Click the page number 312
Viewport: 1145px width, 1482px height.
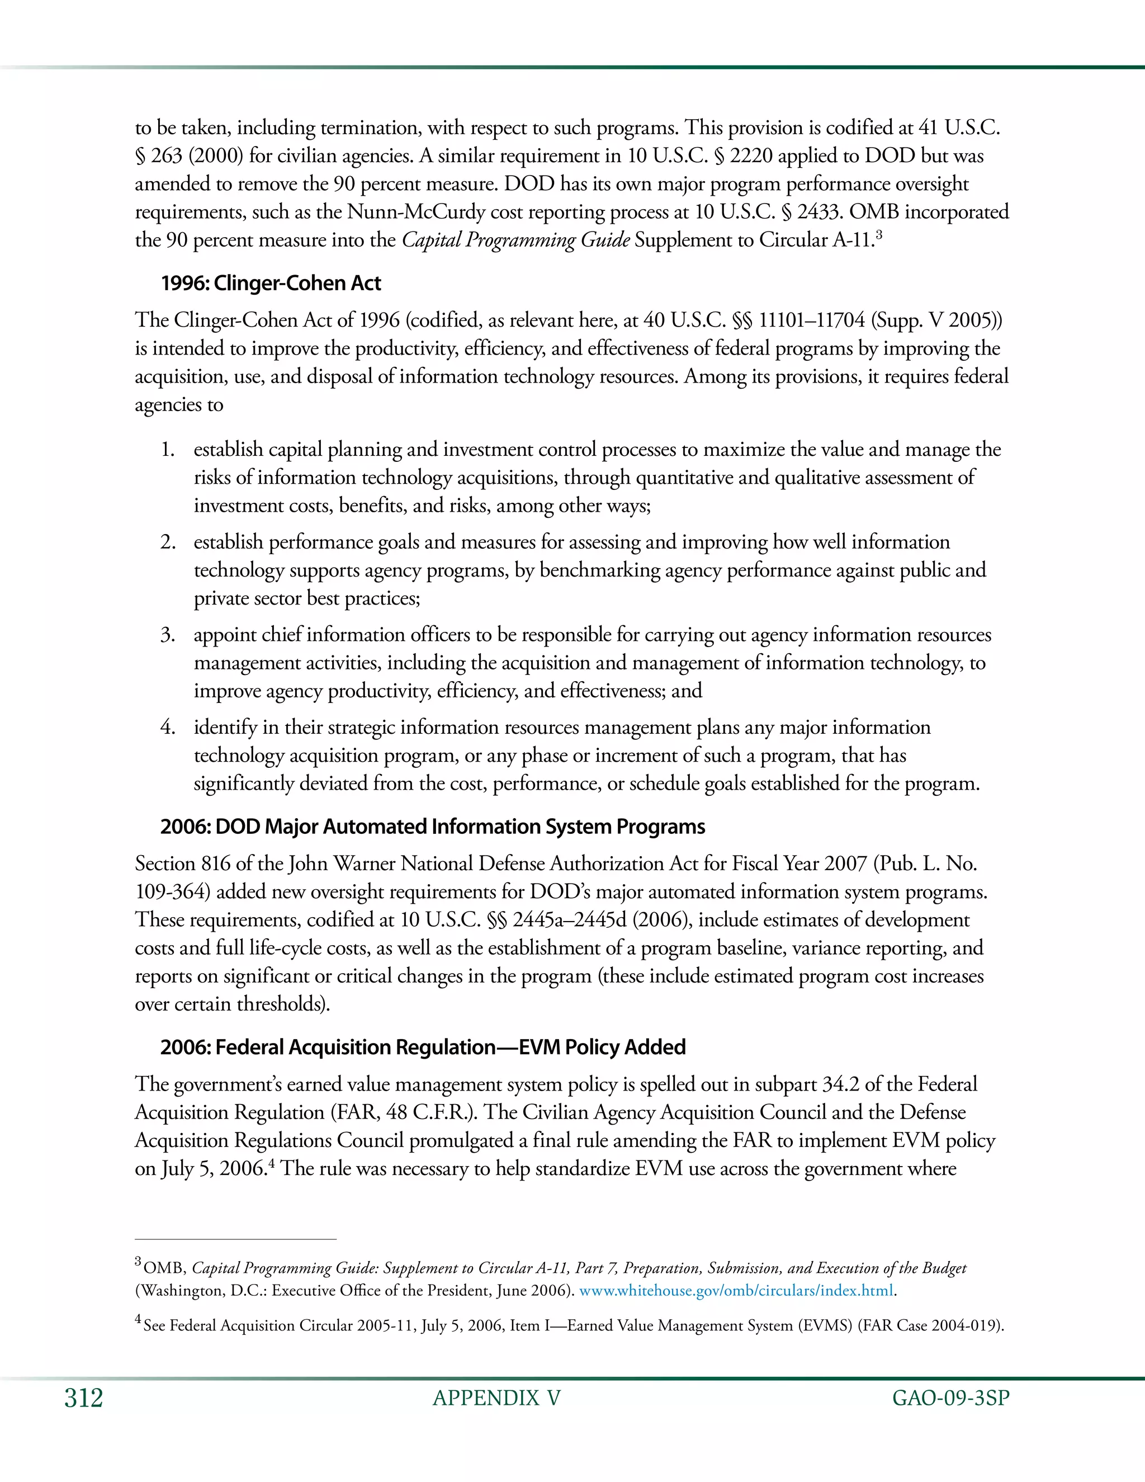pos(83,1398)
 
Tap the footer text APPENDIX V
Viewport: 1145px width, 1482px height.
pos(496,1398)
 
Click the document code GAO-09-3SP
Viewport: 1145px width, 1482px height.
pos(950,1398)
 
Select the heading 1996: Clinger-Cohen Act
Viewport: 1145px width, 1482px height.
pos(271,283)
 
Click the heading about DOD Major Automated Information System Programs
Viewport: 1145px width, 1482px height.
pos(433,827)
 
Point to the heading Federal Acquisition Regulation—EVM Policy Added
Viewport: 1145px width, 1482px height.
pos(423,1047)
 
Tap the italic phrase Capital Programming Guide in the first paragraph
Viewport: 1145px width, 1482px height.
pos(515,240)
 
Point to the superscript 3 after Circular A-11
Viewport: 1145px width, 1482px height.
pos(878,234)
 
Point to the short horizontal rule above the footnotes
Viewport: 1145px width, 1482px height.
pos(235,1239)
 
